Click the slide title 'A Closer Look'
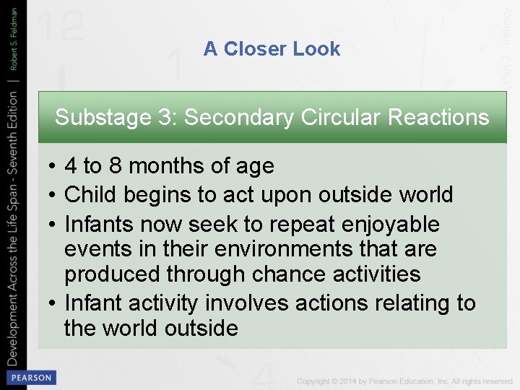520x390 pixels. point(272,49)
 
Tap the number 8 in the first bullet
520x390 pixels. point(115,166)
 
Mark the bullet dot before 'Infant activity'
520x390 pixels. point(53,303)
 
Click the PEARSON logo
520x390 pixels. point(30,377)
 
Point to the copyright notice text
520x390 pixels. point(404,381)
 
